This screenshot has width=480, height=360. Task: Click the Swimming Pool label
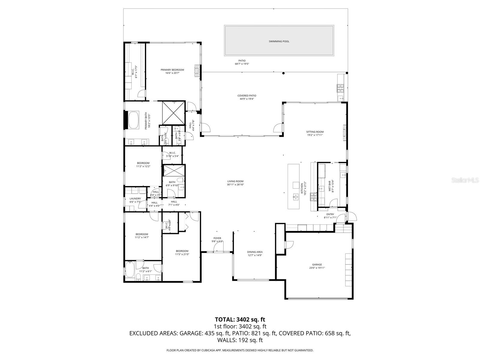[x=279, y=41]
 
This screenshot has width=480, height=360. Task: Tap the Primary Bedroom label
[x=172, y=70]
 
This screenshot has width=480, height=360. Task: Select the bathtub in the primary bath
[x=133, y=120]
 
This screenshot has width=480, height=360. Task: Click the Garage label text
[x=317, y=265]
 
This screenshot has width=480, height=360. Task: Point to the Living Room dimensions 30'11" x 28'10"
[x=235, y=185]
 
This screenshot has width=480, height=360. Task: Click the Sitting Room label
[x=315, y=132]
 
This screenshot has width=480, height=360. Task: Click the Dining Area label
[x=255, y=252]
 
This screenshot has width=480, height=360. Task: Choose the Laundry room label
[x=135, y=199]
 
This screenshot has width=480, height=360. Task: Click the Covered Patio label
[x=247, y=95]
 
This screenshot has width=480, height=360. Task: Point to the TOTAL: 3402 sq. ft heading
[x=240, y=319]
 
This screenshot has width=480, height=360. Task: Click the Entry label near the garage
[x=330, y=214]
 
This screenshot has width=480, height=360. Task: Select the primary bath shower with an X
[x=173, y=113]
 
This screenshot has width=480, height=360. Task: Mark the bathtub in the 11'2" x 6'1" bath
[x=130, y=270]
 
